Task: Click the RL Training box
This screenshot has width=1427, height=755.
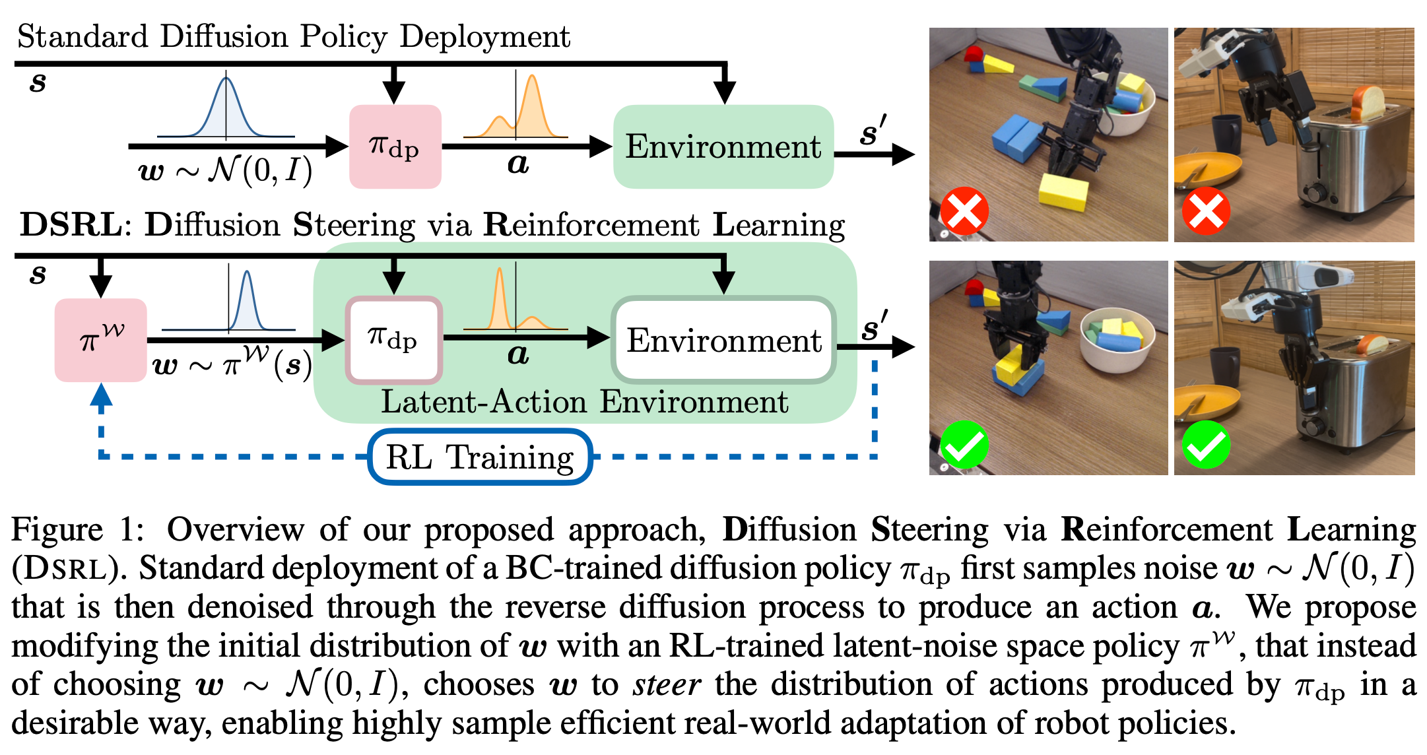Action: tap(480, 457)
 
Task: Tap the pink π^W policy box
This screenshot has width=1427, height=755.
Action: tap(100, 341)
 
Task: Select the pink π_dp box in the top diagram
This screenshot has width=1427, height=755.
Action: tap(395, 147)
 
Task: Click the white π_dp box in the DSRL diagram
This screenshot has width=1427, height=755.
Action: tap(394, 340)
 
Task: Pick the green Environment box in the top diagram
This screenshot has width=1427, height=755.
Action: tap(723, 147)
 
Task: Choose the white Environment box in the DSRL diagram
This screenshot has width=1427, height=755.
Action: tap(724, 340)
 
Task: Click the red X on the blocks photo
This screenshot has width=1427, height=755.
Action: tap(964, 211)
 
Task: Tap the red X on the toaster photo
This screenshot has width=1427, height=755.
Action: tap(1206, 211)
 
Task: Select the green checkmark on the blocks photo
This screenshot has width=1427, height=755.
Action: tap(964, 445)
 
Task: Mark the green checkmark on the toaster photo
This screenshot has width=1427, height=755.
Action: tap(1206, 445)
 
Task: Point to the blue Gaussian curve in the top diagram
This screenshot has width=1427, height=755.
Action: tap(226, 109)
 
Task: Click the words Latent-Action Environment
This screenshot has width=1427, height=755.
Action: tap(584, 402)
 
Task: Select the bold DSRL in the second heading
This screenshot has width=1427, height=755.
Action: tap(71, 225)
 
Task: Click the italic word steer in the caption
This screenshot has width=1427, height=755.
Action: tap(667, 684)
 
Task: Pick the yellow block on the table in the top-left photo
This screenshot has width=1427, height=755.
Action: tap(1063, 191)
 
